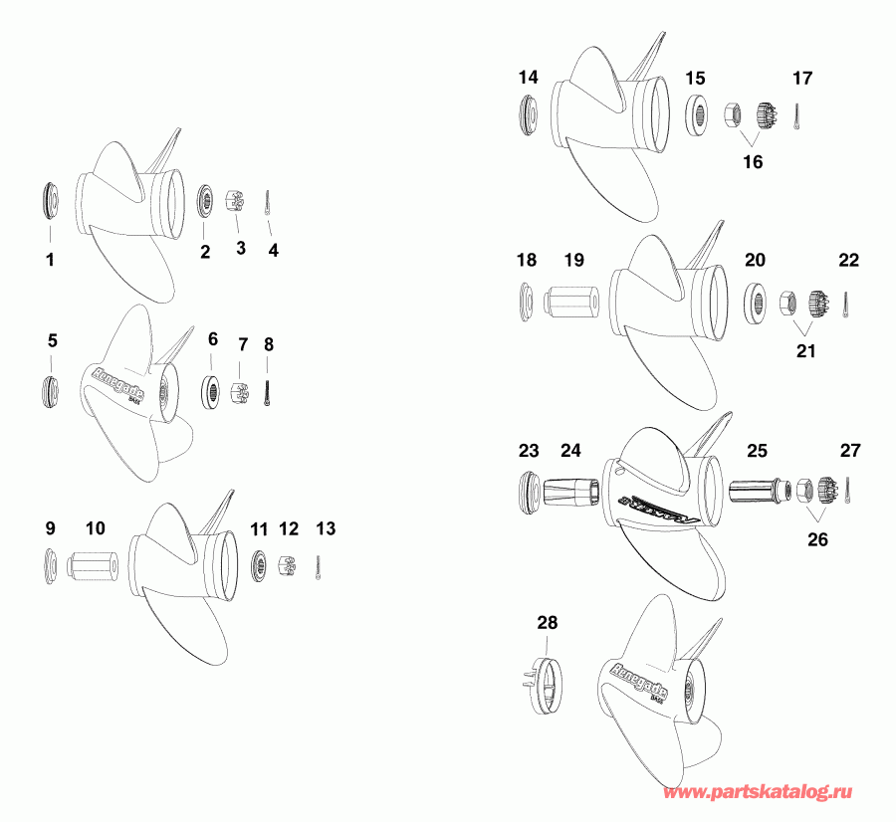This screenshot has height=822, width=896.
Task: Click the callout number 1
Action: coord(50,261)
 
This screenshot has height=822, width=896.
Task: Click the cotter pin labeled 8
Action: coord(269,388)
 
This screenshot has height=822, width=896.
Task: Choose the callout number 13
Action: coord(327,527)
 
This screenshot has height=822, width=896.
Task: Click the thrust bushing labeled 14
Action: coord(529,114)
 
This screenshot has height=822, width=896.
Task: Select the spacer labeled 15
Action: coord(697,113)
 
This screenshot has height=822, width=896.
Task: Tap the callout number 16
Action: coord(753,161)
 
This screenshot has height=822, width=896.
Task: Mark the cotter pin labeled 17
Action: coord(801,116)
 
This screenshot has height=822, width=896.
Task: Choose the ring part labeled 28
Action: coord(547,686)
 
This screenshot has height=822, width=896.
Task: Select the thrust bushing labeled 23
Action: coord(532,491)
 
